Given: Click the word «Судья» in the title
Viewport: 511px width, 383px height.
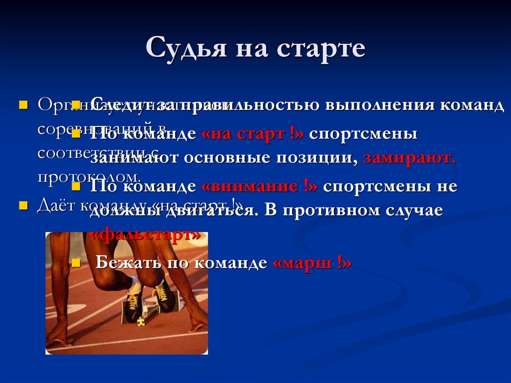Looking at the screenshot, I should coord(182,49).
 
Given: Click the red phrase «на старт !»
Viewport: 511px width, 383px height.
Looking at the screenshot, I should coord(253,134).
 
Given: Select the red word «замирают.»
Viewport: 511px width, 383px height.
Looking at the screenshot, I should coord(410,158).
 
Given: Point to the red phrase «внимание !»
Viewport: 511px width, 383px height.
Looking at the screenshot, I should coord(259,186).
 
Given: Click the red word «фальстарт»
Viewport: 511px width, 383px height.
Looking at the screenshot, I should coord(147,234).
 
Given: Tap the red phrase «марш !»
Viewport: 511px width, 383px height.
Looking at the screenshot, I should coord(313,263).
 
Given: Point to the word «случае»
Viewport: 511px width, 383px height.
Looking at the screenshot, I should coord(418,210).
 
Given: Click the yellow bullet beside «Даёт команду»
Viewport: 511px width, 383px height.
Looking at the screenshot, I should coord(22,206).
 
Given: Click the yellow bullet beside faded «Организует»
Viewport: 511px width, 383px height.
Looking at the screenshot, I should coord(22,105).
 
